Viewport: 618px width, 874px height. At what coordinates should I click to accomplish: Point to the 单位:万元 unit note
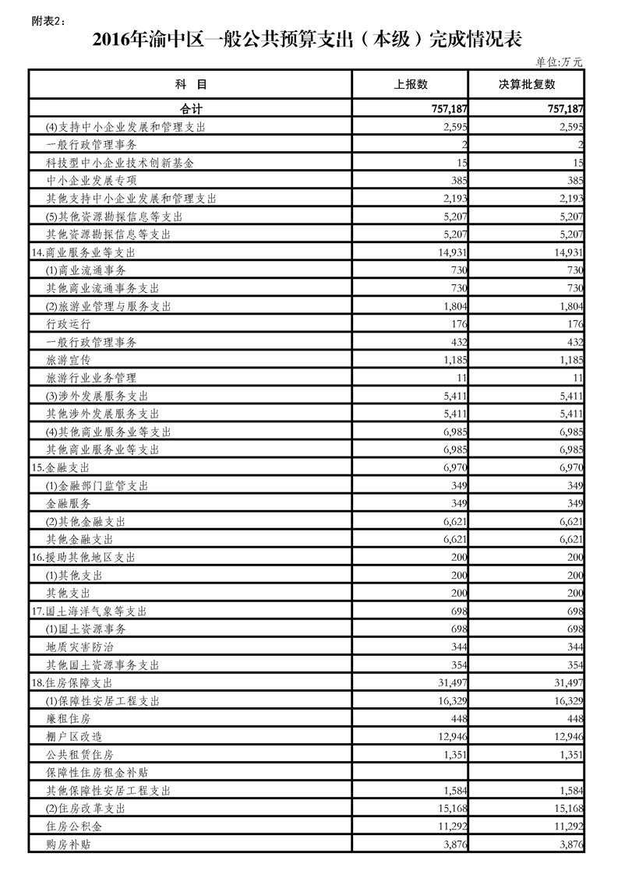[560, 62]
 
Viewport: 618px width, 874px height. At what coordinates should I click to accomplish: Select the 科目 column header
[191, 84]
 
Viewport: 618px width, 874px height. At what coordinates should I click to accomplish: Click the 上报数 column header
[411, 84]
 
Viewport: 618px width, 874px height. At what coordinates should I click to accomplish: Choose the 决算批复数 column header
[527, 84]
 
